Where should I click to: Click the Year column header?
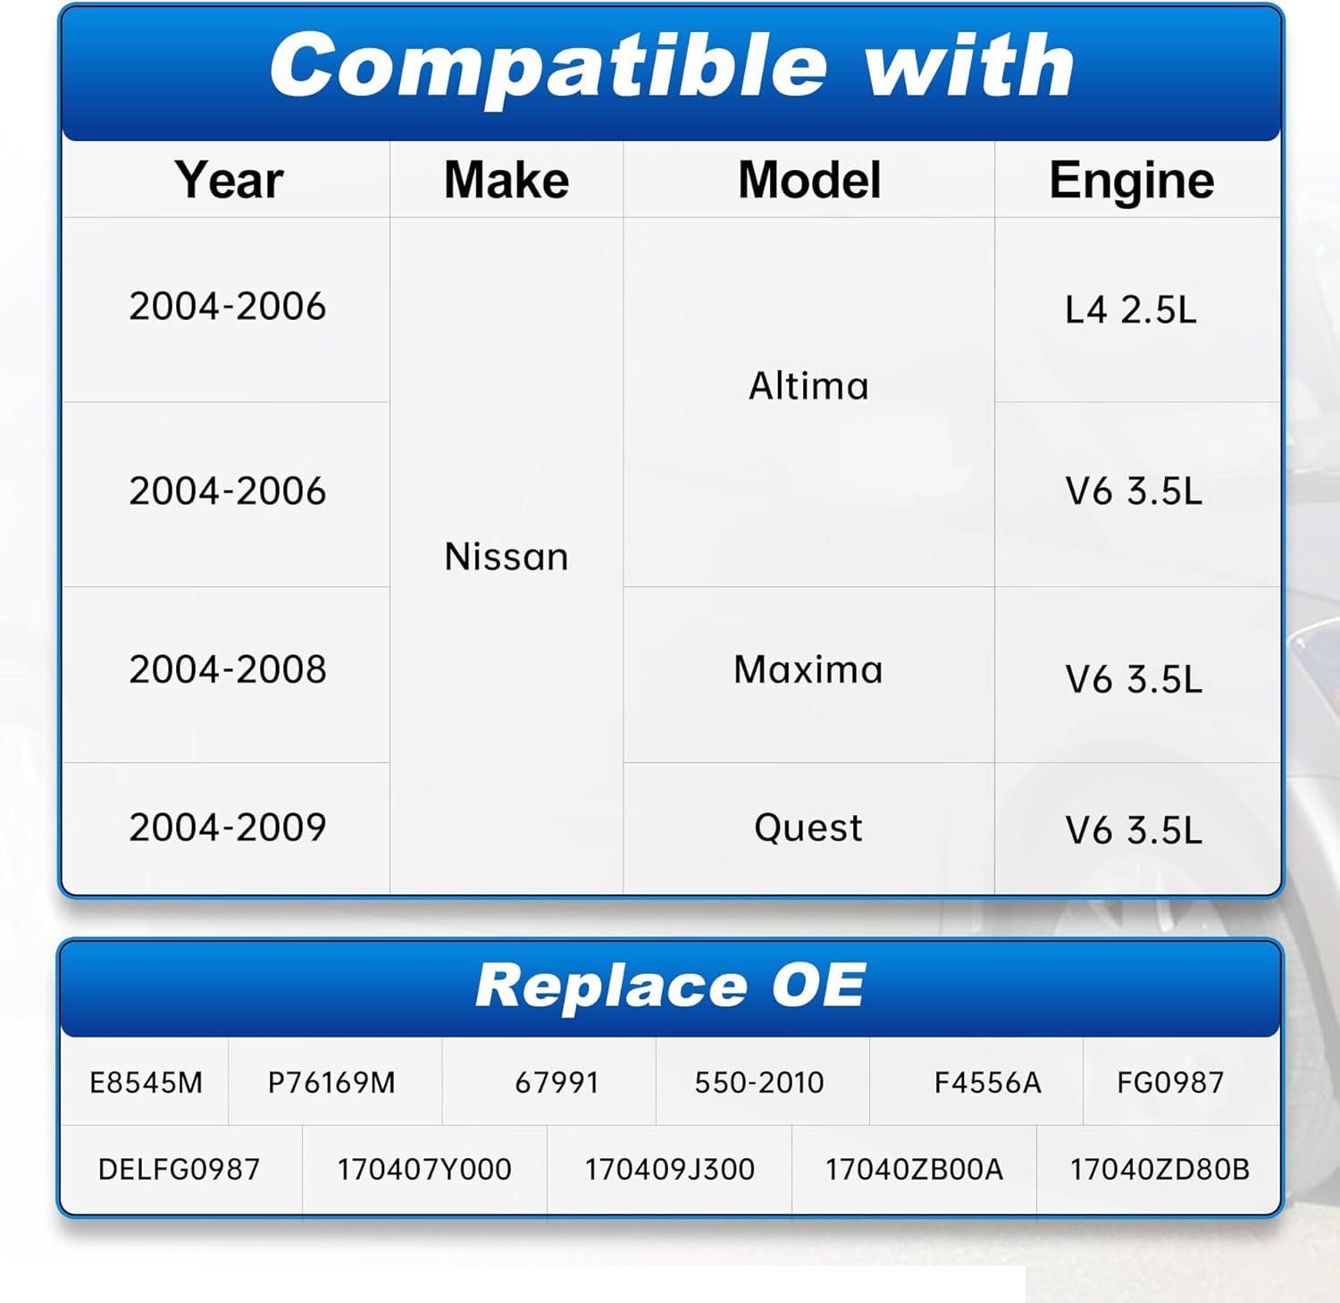click(x=229, y=180)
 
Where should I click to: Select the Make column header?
click(x=507, y=180)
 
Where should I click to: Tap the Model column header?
click(x=809, y=180)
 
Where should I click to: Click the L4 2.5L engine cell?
click(x=1130, y=310)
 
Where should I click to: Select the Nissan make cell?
click(x=507, y=557)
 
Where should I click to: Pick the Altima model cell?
click(x=808, y=386)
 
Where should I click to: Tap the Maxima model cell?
click(x=808, y=669)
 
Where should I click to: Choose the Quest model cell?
click(x=808, y=828)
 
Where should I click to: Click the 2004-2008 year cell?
click(x=228, y=669)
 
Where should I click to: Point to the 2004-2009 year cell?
click(x=228, y=828)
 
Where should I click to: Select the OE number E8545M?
click(x=146, y=1083)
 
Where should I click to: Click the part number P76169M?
click(x=331, y=1083)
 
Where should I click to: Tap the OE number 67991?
click(x=557, y=1083)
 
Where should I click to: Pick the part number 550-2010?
click(x=759, y=1083)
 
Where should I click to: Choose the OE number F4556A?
click(x=987, y=1083)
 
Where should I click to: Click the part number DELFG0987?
click(x=179, y=1170)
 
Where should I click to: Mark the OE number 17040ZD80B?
click(x=1160, y=1170)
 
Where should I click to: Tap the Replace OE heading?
click(x=670, y=986)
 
